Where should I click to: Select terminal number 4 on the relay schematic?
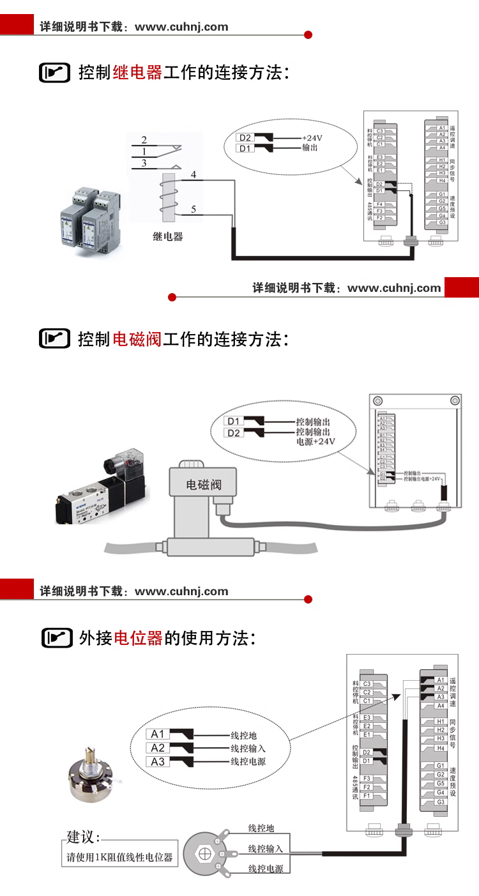click(x=194, y=174)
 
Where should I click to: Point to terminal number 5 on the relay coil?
click(x=194, y=209)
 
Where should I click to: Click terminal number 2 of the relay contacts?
click(x=144, y=140)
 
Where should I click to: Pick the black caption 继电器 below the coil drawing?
click(x=168, y=236)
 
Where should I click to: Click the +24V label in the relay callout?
click(x=312, y=138)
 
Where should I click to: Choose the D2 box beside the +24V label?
click(x=245, y=138)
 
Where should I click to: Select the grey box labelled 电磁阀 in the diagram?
click(x=203, y=484)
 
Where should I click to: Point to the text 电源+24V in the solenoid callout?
click(x=315, y=441)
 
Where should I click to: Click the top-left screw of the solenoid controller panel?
click(x=378, y=400)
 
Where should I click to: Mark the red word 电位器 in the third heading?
click(x=139, y=637)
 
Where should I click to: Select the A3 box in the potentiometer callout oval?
click(x=158, y=761)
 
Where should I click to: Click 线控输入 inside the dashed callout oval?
click(x=248, y=748)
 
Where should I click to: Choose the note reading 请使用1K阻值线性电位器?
click(x=120, y=857)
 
